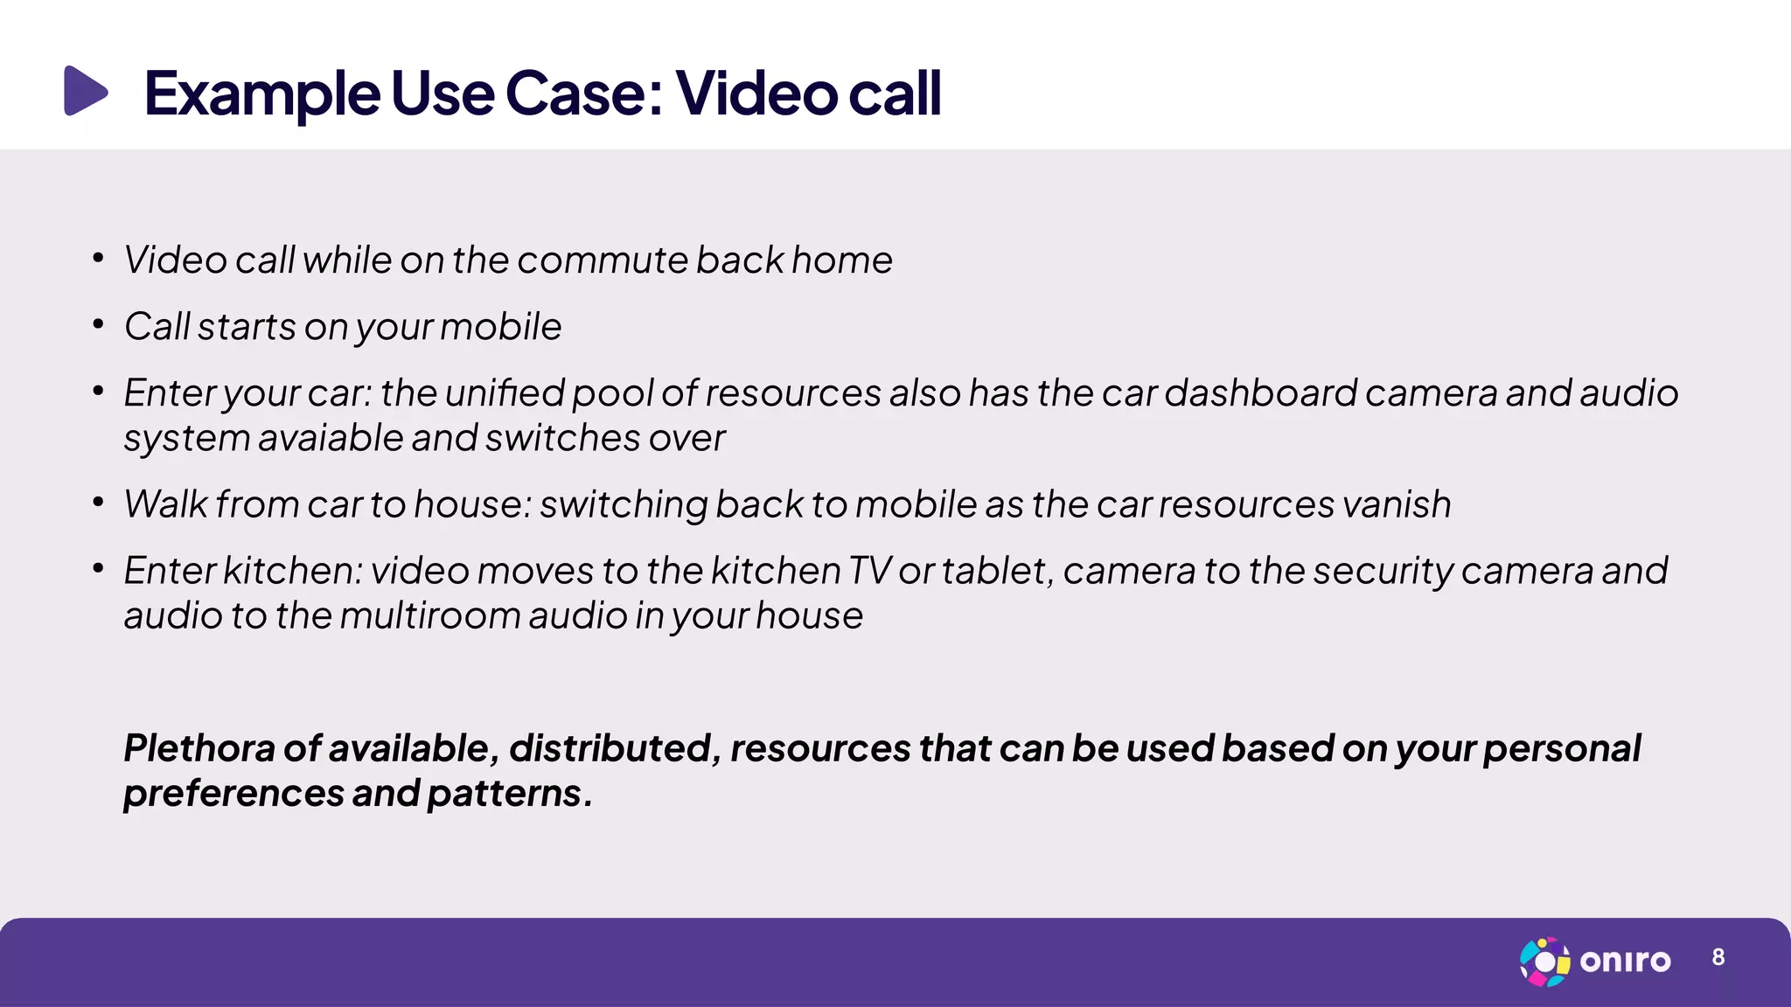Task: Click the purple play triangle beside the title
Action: pos(85,91)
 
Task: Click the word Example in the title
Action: pos(261,94)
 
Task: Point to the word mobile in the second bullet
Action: pos(500,327)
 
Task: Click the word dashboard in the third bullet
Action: pos(1260,393)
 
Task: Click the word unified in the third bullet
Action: pos(505,393)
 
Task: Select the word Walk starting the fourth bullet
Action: pos(165,504)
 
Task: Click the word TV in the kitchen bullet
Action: pos(869,571)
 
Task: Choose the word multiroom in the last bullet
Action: pos(429,616)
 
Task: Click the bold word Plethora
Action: pos(199,748)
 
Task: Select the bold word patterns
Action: pos(505,794)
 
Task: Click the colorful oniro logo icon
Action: pos(1544,962)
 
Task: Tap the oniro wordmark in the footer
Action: pos(1625,962)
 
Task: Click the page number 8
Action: pos(1718,958)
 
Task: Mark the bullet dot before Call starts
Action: pos(99,325)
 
